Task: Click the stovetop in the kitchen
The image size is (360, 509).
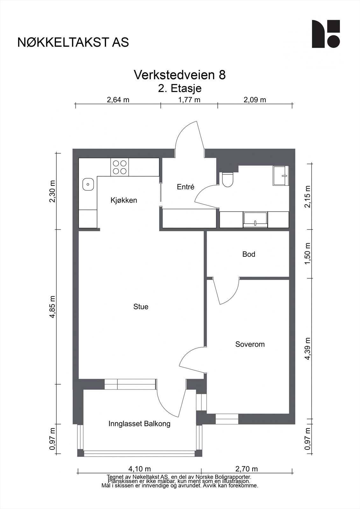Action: [x=120, y=167]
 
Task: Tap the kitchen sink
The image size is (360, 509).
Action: [x=88, y=184]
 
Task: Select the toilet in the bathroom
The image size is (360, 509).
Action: [x=228, y=179]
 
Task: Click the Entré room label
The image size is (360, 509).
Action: [x=186, y=187]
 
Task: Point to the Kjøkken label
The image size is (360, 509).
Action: [x=124, y=200]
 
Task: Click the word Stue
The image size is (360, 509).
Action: [x=141, y=307]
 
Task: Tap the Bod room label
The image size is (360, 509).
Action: [x=249, y=254]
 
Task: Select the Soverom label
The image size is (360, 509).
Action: [x=250, y=344]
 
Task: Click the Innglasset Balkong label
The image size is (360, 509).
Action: [x=139, y=424]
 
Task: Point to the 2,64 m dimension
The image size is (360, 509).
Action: [x=118, y=100]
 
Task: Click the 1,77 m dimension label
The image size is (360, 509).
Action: [x=189, y=100]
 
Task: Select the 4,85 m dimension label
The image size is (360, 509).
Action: [x=52, y=307]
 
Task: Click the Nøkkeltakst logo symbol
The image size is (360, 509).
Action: [x=326, y=34]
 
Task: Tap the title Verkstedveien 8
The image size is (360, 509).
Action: [x=180, y=74]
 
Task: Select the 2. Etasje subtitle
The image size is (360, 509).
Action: [x=180, y=88]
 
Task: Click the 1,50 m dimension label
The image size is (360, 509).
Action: [x=308, y=254]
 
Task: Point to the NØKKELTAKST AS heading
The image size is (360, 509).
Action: [x=73, y=42]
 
